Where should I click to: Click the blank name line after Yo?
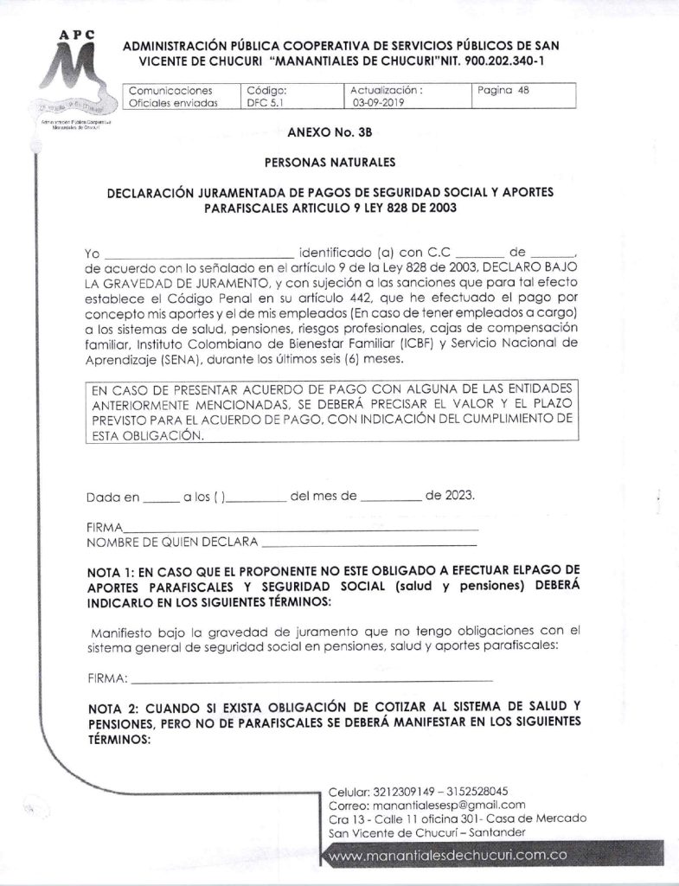[x=199, y=255]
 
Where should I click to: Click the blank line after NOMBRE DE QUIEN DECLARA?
[x=368, y=545]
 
